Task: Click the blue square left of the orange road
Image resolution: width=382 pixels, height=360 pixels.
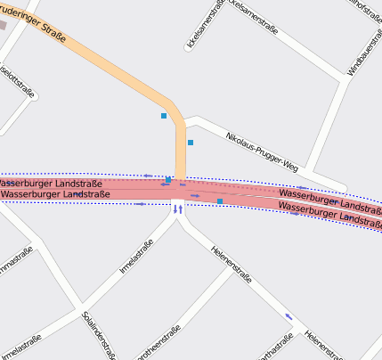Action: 164,116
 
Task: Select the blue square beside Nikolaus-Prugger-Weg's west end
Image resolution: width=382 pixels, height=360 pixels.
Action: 191,143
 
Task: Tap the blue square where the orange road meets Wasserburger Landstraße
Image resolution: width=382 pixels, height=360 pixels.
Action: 168,180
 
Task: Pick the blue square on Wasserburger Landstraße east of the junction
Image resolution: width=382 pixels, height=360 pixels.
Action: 220,201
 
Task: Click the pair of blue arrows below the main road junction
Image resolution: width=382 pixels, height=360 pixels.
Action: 178,209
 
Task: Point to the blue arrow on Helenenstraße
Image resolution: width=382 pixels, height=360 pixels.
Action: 288,315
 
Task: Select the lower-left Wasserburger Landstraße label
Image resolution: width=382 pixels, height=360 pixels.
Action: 54,193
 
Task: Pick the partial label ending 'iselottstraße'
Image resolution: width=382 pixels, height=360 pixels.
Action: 17,81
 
